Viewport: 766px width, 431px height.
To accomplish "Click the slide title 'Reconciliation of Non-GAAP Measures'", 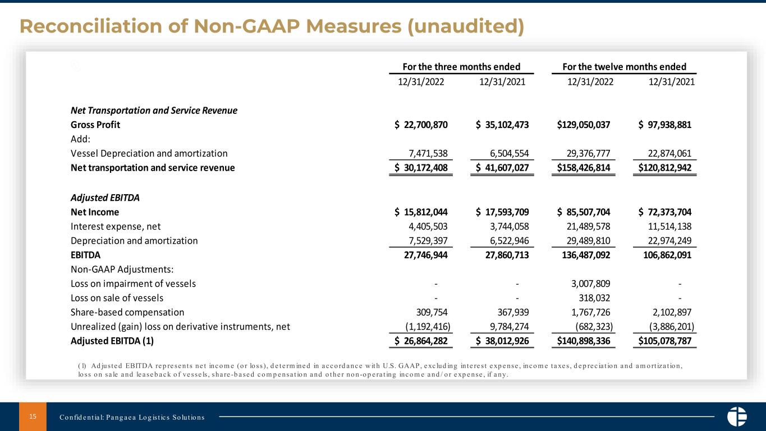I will pyautogui.click(x=272, y=26).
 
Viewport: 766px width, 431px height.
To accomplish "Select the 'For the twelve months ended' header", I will pyautogui.click(x=624, y=66).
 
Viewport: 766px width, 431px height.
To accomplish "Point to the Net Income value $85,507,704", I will pyautogui.click(x=584, y=212).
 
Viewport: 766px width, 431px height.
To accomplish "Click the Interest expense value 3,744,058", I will pyautogui.click(x=503, y=226).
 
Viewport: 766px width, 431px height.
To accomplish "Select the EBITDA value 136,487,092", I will pyautogui.click(x=584, y=255).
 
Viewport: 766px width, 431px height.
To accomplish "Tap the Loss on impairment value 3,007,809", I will pyautogui.click(x=586, y=283).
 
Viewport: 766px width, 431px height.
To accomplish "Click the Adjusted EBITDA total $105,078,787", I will pyautogui.click(x=665, y=341).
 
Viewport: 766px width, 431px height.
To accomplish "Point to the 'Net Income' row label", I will pyautogui.click(x=95, y=212).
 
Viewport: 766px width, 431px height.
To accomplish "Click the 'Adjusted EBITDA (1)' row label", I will pyautogui.click(x=112, y=341).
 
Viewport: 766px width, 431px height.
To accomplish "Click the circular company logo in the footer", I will pyautogui.click(x=736, y=416).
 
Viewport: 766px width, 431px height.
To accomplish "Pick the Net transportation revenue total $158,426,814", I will pyautogui.click(x=584, y=167).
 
